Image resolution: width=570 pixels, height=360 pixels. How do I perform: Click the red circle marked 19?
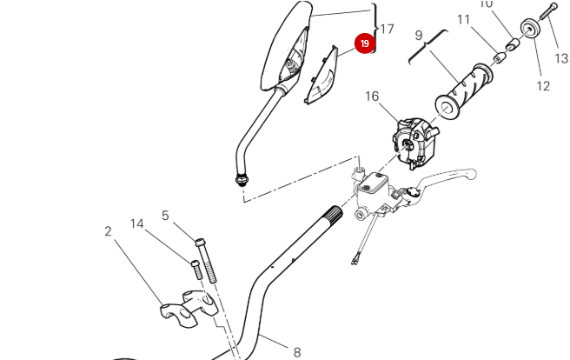364,43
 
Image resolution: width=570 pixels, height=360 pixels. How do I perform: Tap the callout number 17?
387,29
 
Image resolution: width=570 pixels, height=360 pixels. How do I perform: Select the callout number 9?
419,36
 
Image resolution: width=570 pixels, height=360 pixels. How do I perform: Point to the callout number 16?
372,97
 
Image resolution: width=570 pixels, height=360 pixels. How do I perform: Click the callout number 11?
463,19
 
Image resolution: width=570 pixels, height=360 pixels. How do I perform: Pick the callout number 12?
543,85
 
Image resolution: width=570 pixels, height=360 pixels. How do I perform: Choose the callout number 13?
561,58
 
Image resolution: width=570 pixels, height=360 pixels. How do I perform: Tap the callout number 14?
137,223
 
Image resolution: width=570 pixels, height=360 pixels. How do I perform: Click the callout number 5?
165,216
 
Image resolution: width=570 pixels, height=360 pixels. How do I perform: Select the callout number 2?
109,231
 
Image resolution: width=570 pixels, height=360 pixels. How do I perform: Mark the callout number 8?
296,351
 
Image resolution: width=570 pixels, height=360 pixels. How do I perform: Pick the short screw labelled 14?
196,269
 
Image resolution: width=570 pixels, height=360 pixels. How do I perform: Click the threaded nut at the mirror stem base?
241,179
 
